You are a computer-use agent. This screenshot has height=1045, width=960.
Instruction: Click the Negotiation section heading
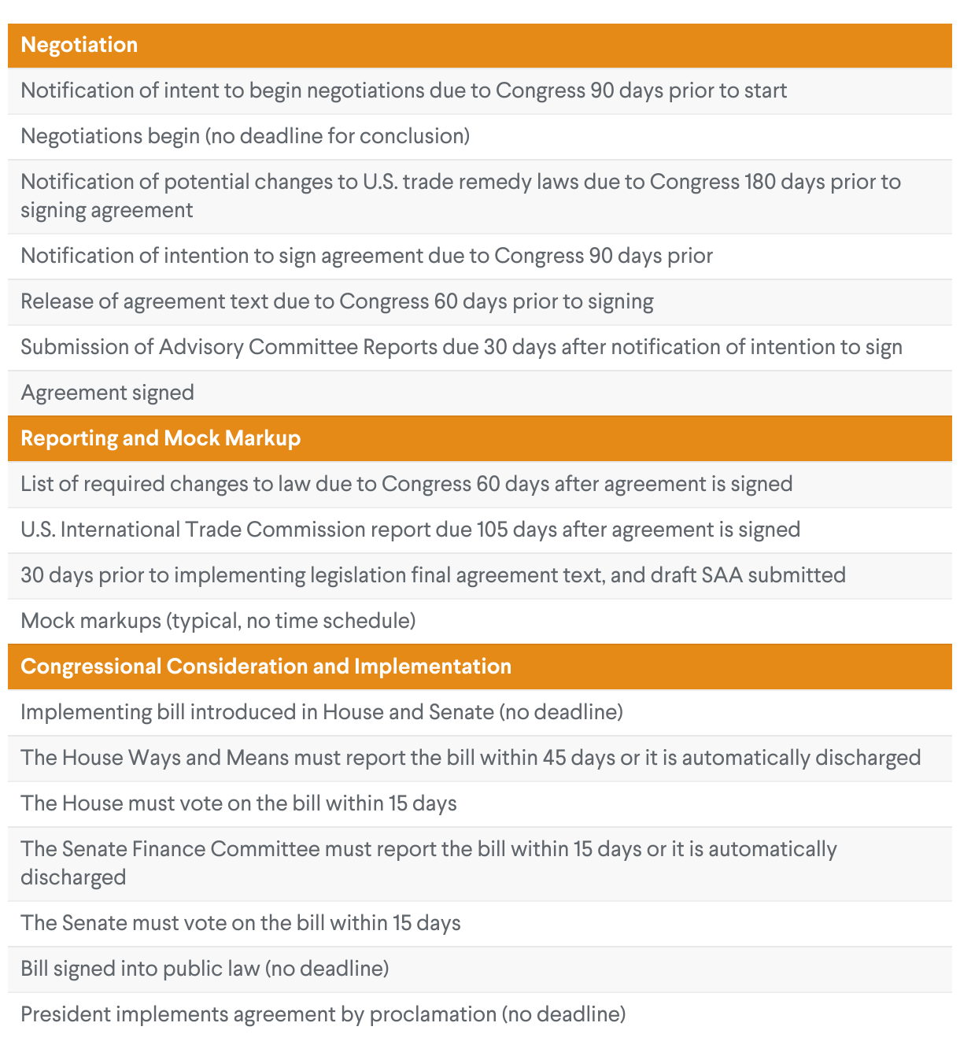(x=79, y=45)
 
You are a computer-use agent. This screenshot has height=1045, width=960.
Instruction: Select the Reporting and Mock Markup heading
(x=161, y=438)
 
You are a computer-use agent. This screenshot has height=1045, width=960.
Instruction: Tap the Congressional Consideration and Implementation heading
(x=266, y=667)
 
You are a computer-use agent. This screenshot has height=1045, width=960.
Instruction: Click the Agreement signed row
(x=108, y=393)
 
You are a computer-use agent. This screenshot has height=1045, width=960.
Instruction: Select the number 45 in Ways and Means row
(x=554, y=758)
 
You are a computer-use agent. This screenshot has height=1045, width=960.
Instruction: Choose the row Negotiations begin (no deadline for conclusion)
(x=246, y=136)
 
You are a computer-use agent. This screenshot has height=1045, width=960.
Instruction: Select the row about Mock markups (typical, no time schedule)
(x=218, y=621)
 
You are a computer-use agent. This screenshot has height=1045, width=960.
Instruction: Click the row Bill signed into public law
(x=205, y=969)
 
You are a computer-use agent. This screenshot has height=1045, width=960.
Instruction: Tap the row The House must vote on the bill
(x=238, y=803)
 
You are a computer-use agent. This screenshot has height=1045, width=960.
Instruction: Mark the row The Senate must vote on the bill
(x=241, y=923)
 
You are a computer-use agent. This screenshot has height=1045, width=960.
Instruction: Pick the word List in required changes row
(x=36, y=484)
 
